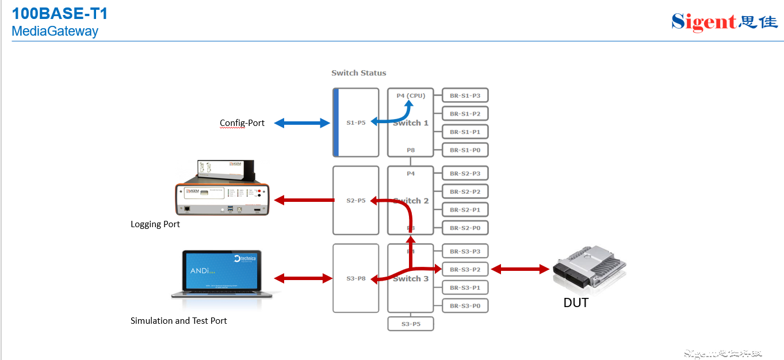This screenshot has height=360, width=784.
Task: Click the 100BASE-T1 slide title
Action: click(x=60, y=14)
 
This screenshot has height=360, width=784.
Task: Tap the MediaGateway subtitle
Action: click(x=55, y=32)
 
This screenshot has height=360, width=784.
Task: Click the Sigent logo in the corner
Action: click(x=724, y=22)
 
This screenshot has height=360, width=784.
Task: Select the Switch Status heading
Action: click(x=358, y=73)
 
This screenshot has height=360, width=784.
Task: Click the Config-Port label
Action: click(x=242, y=123)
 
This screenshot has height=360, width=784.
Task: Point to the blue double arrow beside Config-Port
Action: click(x=301, y=122)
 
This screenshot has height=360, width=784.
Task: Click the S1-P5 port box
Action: click(x=356, y=122)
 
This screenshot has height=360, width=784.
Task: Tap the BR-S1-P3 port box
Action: click(x=465, y=95)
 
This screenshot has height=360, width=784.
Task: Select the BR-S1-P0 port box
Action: click(x=465, y=150)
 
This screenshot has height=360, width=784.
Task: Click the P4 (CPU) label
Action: click(x=411, y=95)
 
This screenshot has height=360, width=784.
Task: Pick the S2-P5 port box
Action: click(x=356, y=200)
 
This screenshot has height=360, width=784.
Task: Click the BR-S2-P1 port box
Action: click(x=465, y=210)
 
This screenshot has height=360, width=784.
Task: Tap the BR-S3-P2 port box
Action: click(x=465, y=269)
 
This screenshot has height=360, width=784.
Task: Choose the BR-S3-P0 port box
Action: click(x=465, y=305)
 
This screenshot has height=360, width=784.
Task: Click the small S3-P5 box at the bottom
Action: click(x=411, y=324)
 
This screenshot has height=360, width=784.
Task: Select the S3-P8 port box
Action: click(x=356, y=278)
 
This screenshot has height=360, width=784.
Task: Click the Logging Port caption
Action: click(x=155, y=224)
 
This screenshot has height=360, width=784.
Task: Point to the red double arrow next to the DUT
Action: click(x=519, y=269)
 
